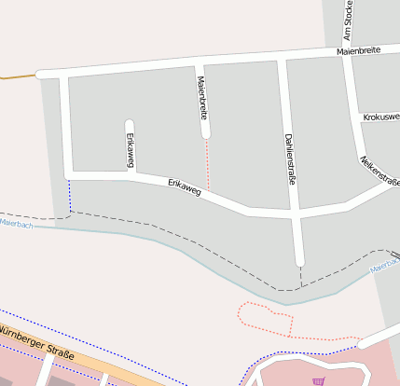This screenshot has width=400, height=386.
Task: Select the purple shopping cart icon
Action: click(320, 380)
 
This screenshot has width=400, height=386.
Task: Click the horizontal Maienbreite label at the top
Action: click(359, 51)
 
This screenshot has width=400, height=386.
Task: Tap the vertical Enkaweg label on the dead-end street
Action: click(131, 149)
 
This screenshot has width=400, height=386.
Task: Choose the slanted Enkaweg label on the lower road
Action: click(185, 187)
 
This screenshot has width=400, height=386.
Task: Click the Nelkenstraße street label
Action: click(379, 171)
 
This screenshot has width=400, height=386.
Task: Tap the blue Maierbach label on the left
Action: click(16, 225)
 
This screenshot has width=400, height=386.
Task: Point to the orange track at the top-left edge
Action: click(17, 76)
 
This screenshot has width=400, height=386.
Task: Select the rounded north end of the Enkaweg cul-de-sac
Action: click(130, 123)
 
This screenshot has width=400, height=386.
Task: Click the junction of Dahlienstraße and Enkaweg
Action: click(296, 214)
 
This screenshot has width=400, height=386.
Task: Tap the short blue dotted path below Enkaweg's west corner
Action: click(69, 193)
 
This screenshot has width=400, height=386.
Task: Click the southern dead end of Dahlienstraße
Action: click(299, 264)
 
